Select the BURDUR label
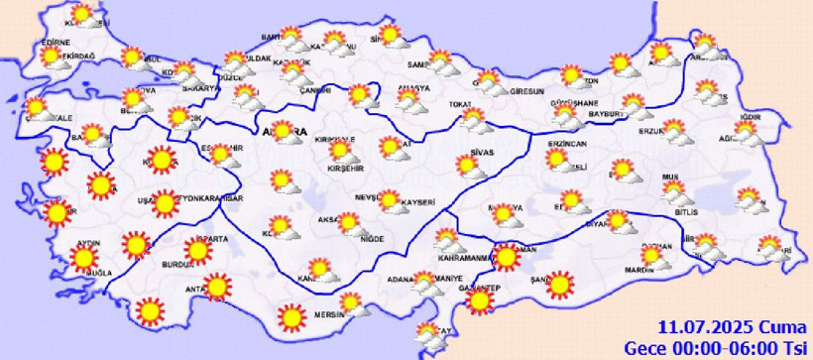[176, 265]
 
